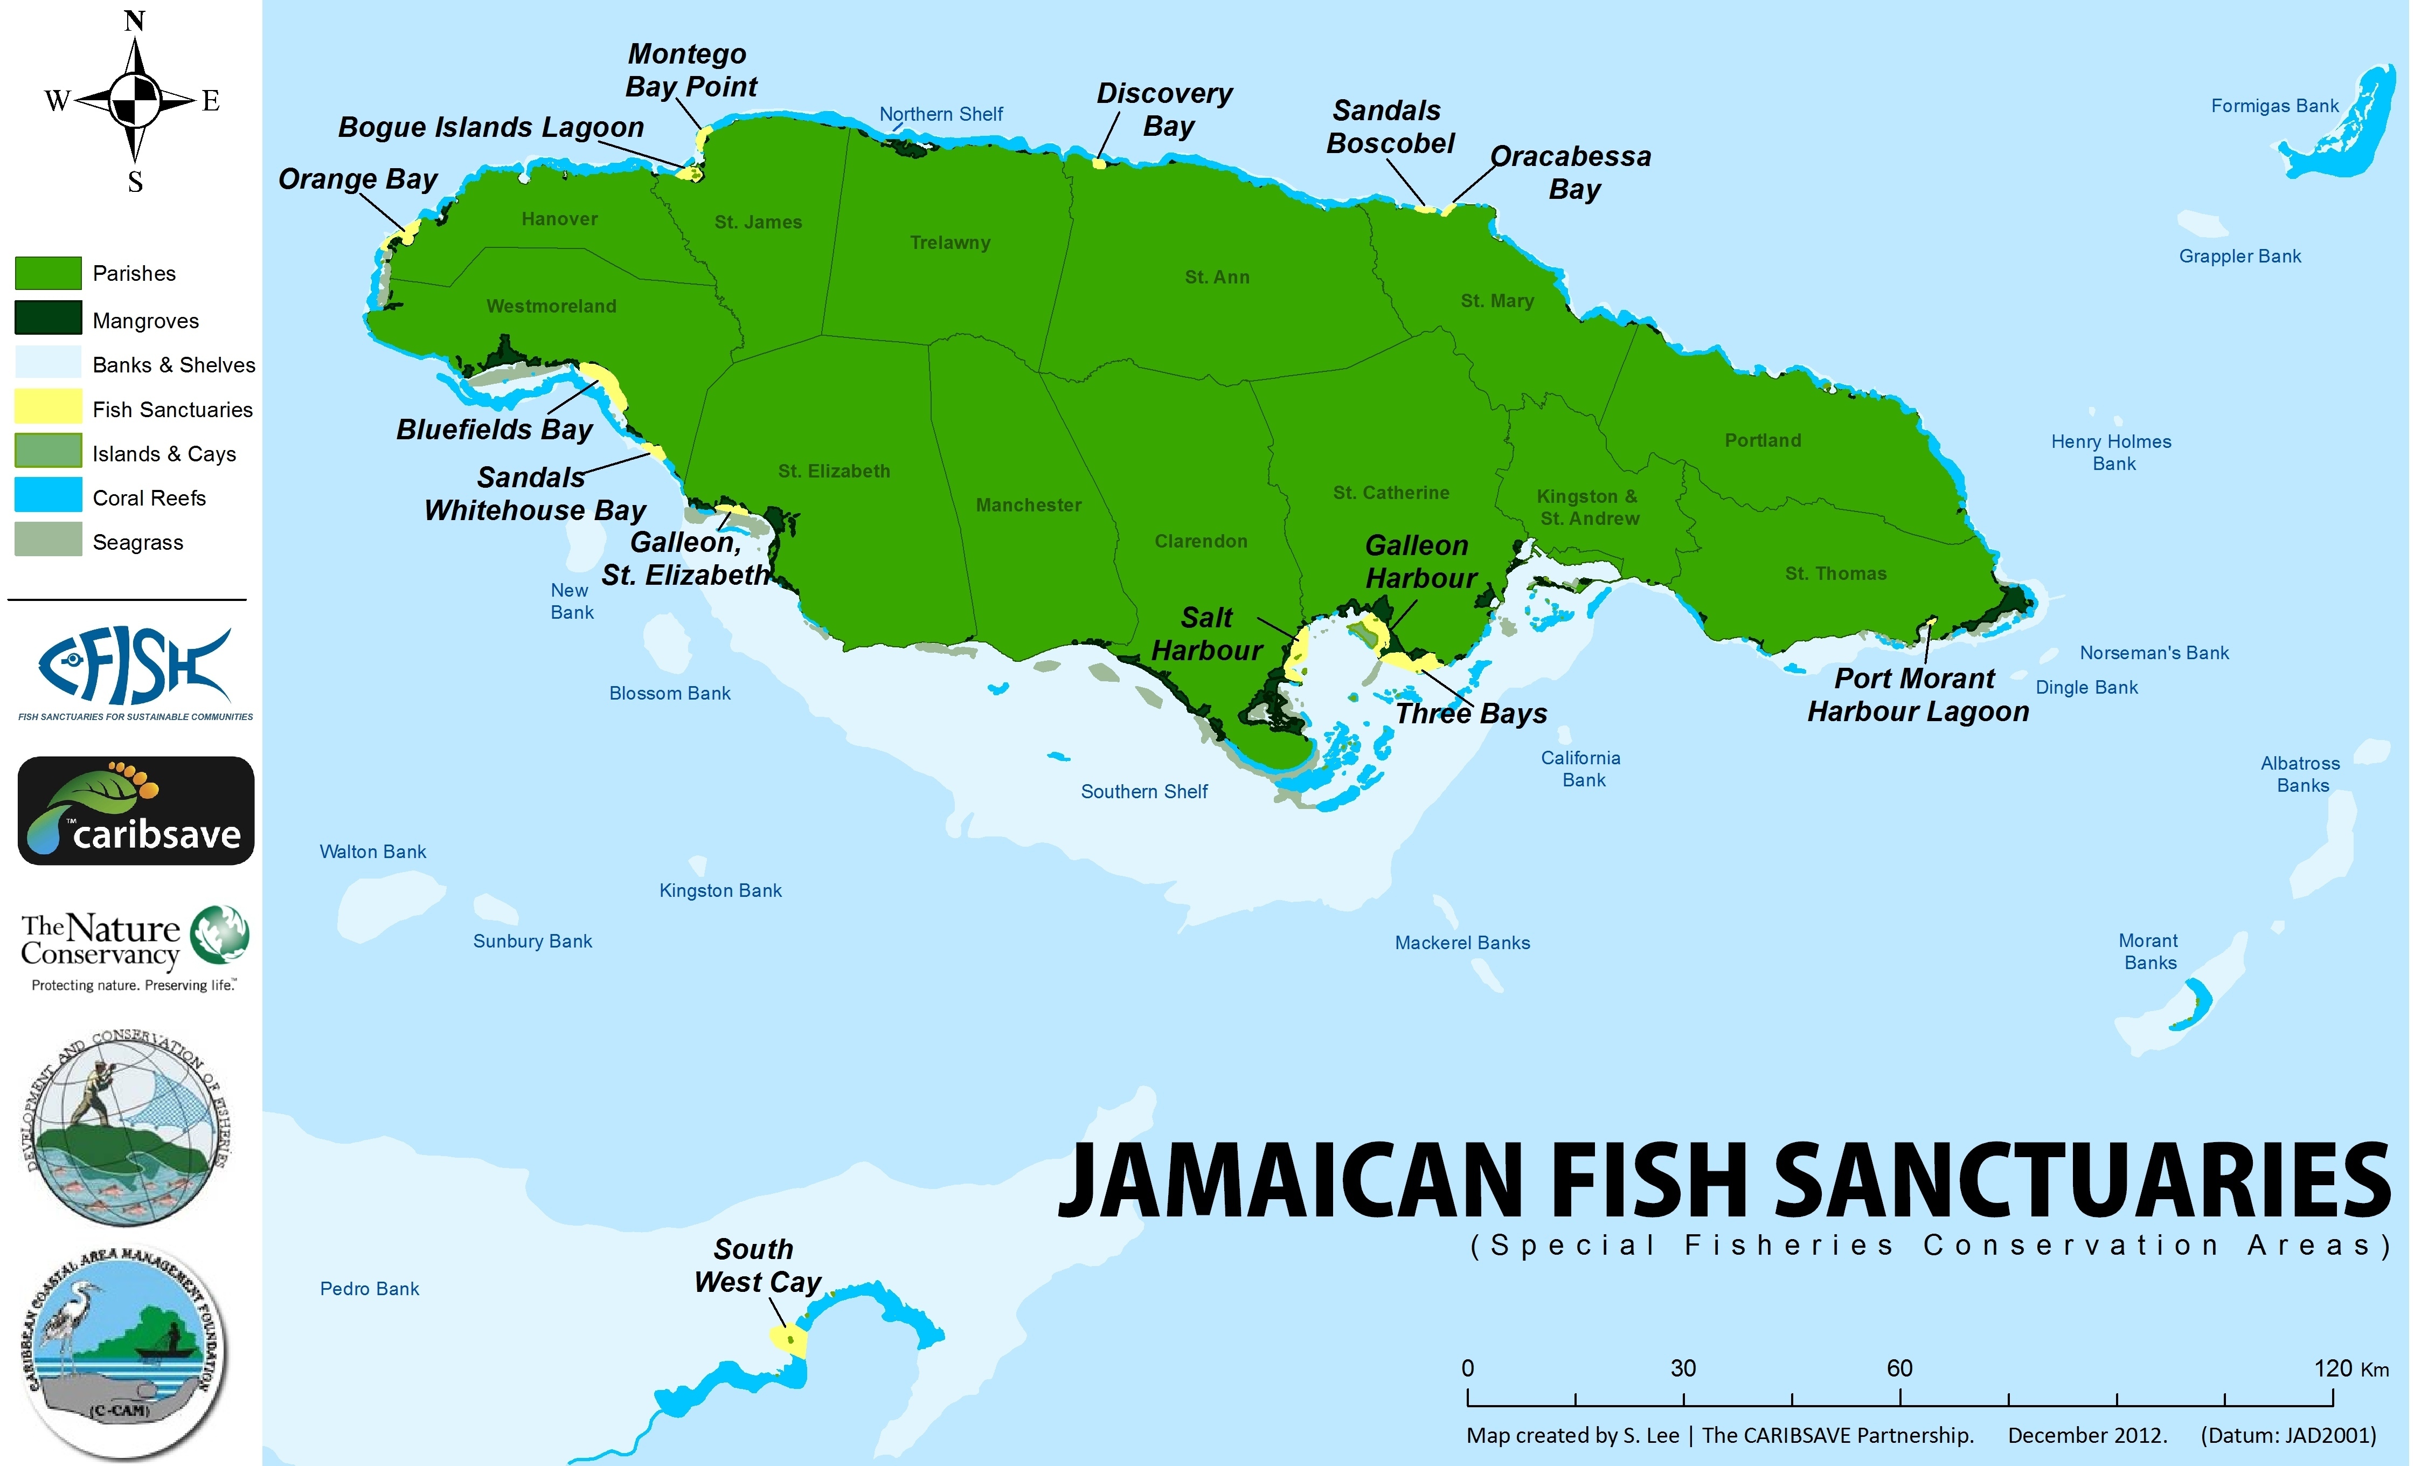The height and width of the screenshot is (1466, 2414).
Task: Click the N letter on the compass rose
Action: (135, 20)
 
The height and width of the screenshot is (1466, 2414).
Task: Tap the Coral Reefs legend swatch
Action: (48, 495)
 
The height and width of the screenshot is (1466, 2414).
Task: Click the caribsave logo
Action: (136, 811)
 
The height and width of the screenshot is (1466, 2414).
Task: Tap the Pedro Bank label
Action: (369, 1289)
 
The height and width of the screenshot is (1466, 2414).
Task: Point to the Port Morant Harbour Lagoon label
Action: (1917, 695)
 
